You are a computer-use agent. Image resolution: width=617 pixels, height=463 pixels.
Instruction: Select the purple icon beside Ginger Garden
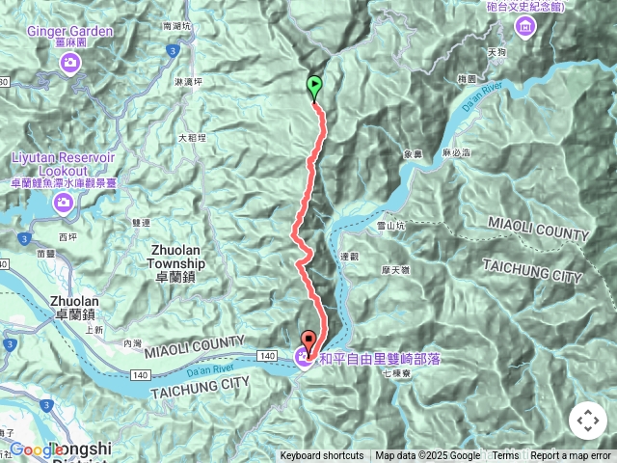[x=70, y=64]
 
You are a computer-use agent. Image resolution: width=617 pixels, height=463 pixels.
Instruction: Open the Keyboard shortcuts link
[x=322, y=456]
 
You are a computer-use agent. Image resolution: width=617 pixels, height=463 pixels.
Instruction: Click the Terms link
[x=505, y=456]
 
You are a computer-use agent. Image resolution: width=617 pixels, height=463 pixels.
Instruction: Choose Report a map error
[x=571, y=456]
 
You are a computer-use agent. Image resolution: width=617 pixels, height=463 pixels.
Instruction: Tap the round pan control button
[x=587, y=421]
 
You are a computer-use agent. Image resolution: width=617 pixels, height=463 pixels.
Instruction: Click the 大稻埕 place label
[x=192, y=138]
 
